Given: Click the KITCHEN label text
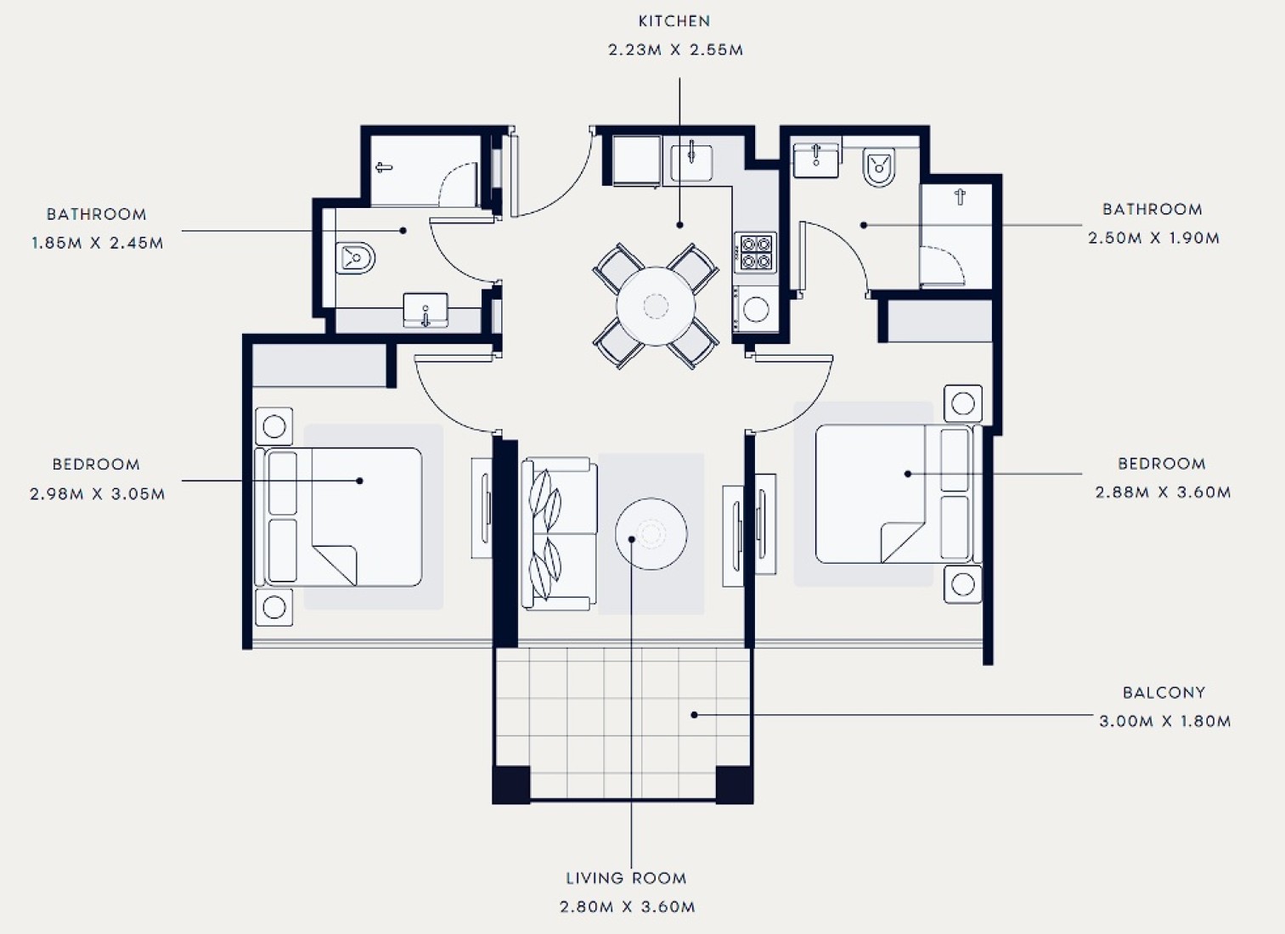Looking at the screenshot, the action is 674,21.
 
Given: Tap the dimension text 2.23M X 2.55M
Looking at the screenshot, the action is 675,50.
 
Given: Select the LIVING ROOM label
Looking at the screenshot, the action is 626,878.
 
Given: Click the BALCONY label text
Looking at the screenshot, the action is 1164,693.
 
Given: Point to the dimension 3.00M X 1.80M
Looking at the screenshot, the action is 1164,721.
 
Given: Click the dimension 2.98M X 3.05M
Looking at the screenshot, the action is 98,493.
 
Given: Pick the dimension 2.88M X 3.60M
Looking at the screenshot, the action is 1163,492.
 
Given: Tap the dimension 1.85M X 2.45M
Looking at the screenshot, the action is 97,243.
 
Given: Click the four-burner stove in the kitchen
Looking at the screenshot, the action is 756,252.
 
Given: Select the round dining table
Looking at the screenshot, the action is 656,306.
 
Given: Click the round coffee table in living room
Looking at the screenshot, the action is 651,534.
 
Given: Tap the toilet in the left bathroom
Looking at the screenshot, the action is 355,258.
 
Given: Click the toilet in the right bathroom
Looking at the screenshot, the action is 878,167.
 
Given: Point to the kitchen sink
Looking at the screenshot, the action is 692,162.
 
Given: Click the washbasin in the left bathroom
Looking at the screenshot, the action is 426,310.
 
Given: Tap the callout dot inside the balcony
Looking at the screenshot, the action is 694,715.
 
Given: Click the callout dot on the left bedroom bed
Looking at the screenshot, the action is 360,481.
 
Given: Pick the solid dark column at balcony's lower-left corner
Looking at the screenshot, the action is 511,785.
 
